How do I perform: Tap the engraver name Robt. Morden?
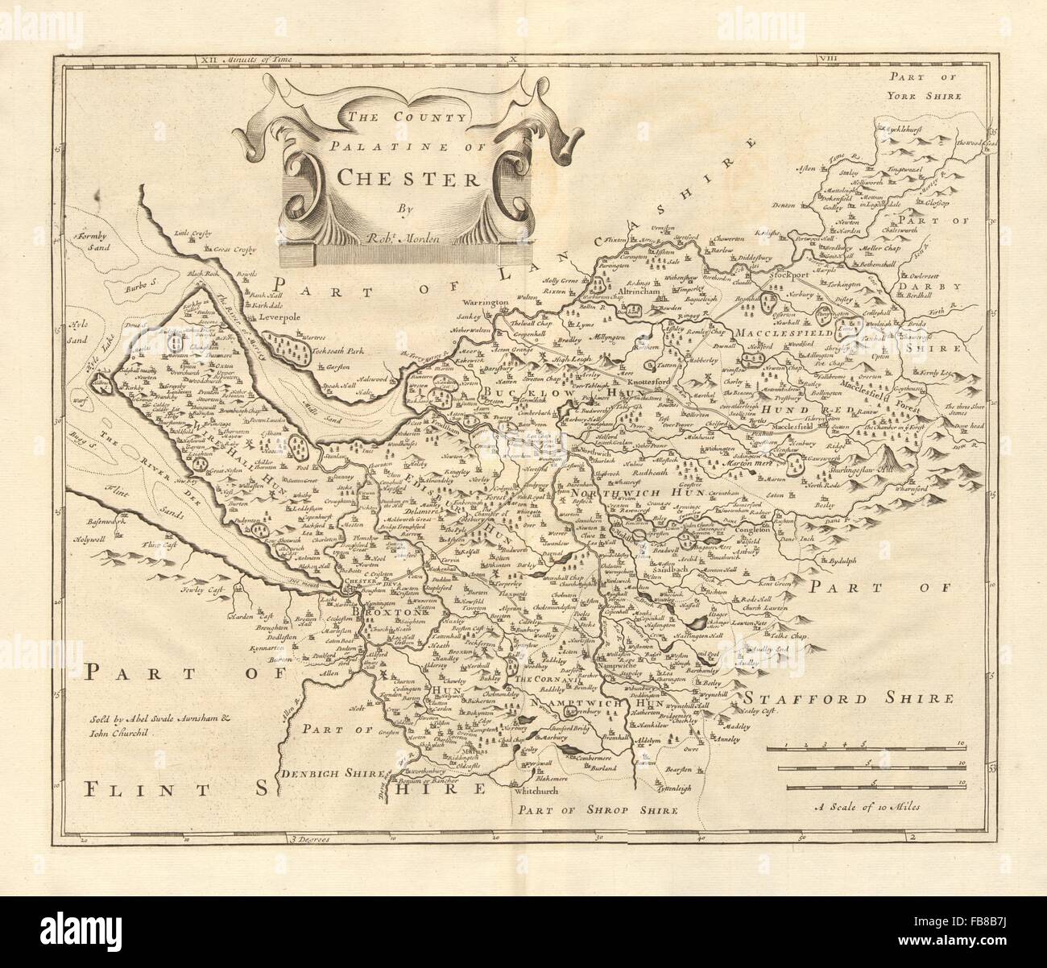coord(402,238)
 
